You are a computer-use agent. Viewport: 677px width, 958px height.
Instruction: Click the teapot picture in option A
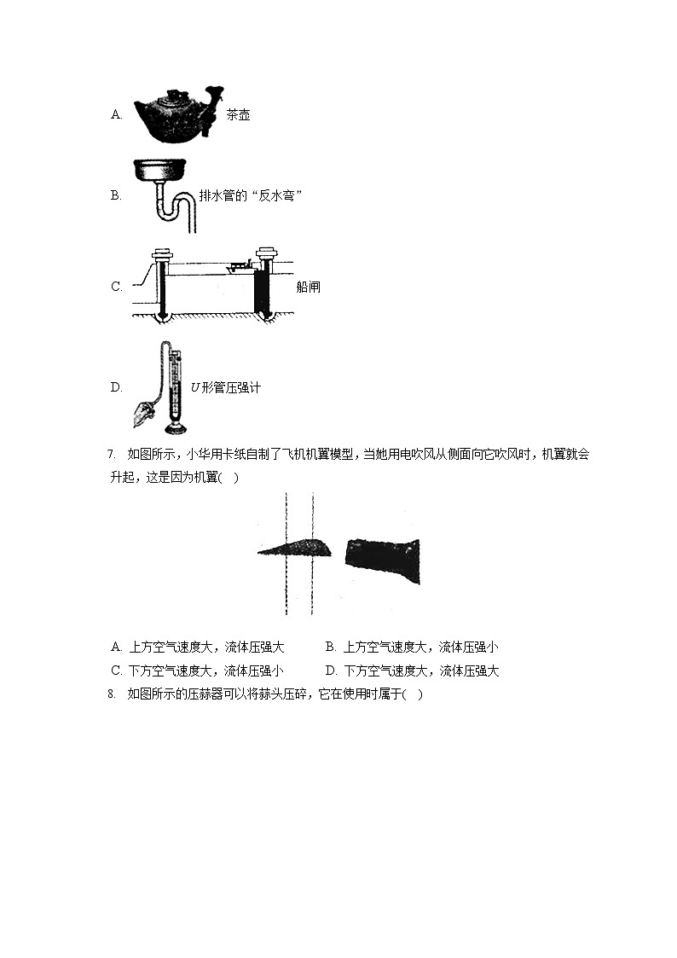[178, 114]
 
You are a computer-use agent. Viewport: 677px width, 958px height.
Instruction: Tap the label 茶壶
[238, 115]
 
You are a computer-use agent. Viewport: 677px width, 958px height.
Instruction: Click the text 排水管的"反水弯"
[251, 195]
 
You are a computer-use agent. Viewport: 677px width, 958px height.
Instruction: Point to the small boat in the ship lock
[239, 267]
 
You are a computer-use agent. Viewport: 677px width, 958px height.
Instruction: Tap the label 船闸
[308, 287]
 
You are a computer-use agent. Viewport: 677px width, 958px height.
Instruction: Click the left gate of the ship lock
[162, 283]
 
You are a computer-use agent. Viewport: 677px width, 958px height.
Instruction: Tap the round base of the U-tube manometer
[177, 426]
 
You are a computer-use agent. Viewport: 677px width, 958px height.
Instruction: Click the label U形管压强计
[226, 387]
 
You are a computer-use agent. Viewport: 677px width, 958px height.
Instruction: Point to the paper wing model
[294, 548]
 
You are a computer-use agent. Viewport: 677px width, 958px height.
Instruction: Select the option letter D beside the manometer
[116, 387]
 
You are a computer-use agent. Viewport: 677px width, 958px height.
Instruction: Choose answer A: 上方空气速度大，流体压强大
[198, 647]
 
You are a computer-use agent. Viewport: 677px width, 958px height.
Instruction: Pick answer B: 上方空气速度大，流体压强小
[412, 647]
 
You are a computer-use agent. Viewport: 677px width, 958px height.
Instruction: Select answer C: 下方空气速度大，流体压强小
[198, 671]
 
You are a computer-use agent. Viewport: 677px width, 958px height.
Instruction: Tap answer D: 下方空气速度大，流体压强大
[412, 671]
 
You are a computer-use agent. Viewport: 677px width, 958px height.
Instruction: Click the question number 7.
[111, 454]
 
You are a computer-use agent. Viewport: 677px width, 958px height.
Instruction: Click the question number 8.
[111, 694]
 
